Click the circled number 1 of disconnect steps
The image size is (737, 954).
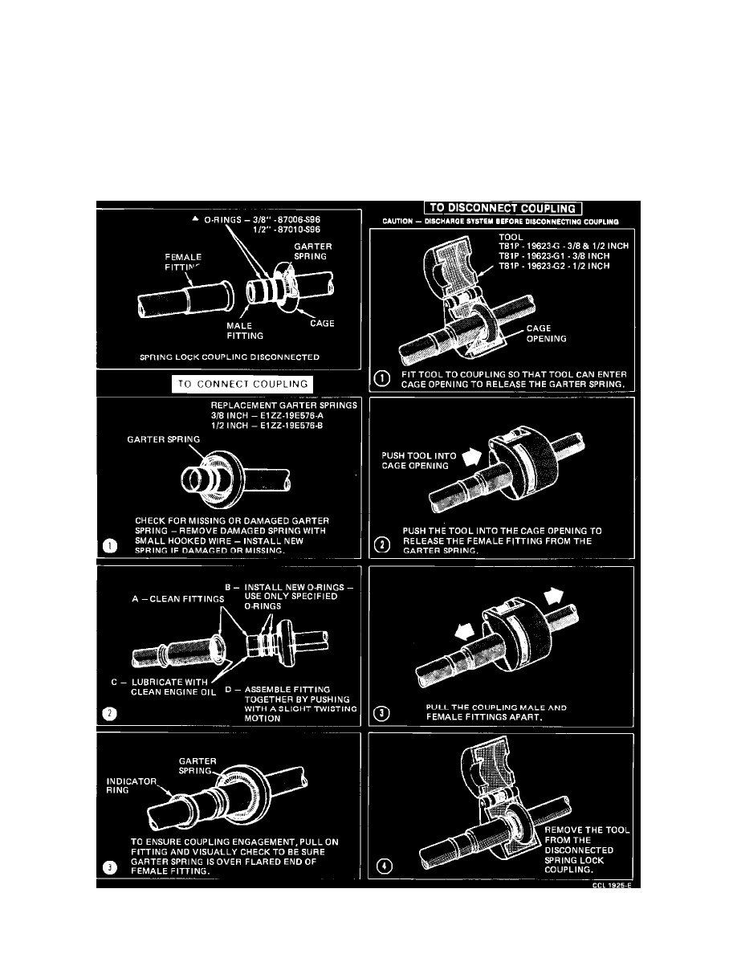pyautogui.click(x=382, y=380)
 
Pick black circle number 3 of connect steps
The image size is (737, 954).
pyautogui.click(x=112, y=866)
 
